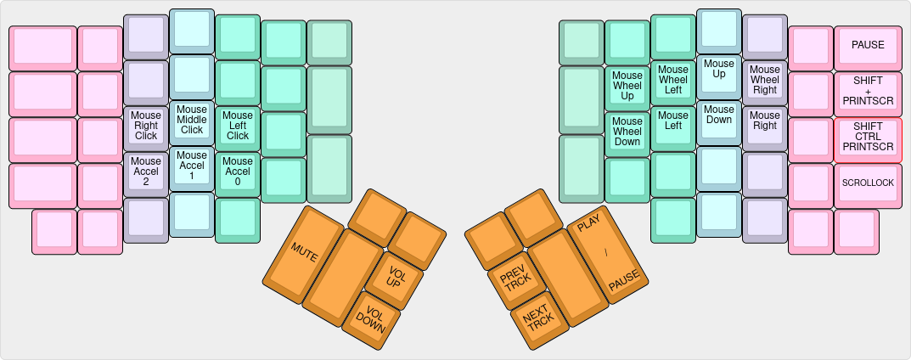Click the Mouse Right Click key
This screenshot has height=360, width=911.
pos(146,127)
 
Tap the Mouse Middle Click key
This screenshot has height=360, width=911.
pos(192,119)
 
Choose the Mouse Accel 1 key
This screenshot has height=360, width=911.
pos(192,165)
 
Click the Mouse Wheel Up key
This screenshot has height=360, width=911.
pos(627,85)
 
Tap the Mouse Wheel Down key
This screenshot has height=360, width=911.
pos(627,131)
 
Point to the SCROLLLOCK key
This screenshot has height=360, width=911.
pos(868,183)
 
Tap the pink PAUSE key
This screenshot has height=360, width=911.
pos(868,45)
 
